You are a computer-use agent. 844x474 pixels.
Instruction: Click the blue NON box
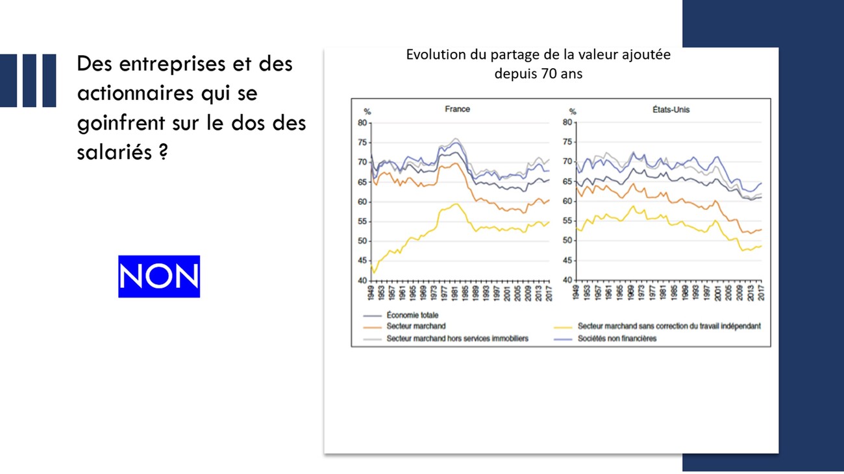click(x=159, y=276)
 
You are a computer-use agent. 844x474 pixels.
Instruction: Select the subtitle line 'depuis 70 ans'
click(x=538, y=73)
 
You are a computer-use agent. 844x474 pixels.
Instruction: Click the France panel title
click(x=457, y=110)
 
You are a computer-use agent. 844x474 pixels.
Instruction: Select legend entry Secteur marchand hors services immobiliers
click(x=457, y=338)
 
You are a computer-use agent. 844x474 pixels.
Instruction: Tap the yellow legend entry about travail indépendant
click(x=669, y=326)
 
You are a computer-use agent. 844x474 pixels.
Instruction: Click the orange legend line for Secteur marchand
click(x=370, y=327)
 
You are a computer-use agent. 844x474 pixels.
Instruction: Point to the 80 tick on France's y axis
click(x=362, y=123)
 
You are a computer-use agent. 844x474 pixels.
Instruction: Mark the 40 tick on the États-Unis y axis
click(x=567, y=280)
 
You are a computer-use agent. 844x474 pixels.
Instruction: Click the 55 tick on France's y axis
click(x=362, y=222)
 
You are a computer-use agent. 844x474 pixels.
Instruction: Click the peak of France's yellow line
click(x=456, y=204)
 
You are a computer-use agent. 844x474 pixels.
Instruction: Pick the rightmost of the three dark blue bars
click(x=49, y=80)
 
